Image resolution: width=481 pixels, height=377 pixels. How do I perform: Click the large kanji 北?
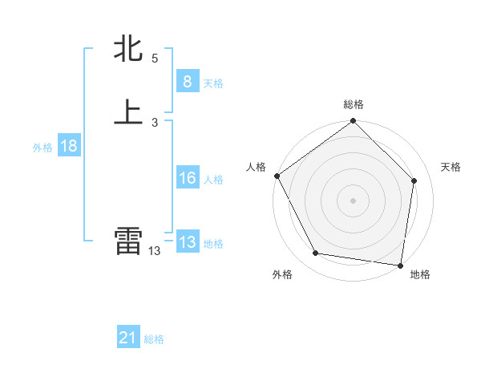tap(128, 50)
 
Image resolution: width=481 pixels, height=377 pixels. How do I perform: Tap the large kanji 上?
tap(128, 112)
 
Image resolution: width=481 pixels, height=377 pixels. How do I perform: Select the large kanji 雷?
tap(128, 241)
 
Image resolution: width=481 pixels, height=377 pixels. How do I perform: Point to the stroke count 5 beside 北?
tap(155, 59)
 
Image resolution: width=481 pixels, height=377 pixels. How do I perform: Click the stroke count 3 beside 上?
tap(155, 122)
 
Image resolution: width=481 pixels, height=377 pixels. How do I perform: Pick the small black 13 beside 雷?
tap(155, 251)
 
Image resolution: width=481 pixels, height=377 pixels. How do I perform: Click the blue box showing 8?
tap(187, 82)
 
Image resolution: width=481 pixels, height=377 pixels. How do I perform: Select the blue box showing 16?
tap(187, 178)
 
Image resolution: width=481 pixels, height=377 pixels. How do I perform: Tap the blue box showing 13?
tap(187, 242)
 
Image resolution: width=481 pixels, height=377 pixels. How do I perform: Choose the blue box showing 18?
tap(68, 146)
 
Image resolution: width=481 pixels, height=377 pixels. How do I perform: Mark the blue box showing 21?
tap(128, 338)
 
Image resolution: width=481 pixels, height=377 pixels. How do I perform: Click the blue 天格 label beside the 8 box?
tap(213, 83)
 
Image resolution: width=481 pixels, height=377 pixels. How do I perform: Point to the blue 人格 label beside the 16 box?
tap(213, 180)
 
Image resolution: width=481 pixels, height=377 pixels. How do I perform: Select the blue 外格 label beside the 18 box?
tap(42, 148)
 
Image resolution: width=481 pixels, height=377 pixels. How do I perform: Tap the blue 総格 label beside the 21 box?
tap(154, 340)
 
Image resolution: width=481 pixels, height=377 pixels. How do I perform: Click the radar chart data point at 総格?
tap(353, 122)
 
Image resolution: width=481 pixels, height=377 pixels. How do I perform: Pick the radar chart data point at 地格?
tap(400, 265)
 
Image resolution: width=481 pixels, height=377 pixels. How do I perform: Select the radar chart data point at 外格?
tap(316, 253)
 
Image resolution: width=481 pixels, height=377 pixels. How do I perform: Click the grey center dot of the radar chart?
tap(353, 200)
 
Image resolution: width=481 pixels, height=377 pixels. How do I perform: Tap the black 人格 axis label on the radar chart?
tap(257, 167)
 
